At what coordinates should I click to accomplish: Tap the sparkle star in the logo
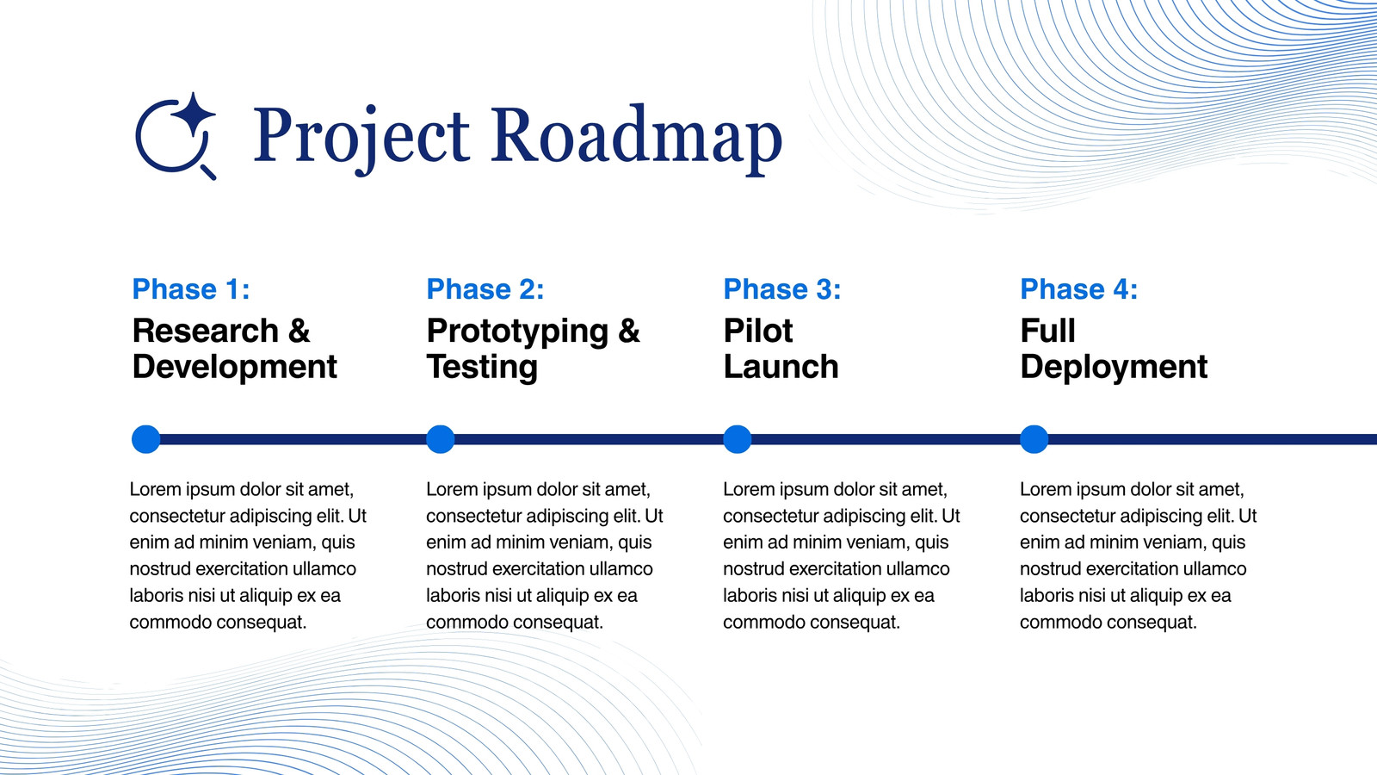tap(193, 115)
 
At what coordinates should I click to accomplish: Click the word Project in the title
tap(361, 136)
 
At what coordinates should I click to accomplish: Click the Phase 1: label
tap(191, 289)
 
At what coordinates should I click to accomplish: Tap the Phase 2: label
tap(485, 289)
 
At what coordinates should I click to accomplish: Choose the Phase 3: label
tap(782, 289)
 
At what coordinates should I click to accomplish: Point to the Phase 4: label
tap(1079, 289)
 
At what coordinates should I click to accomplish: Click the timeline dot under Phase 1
tap(145, 439)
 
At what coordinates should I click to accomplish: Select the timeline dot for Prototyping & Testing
tap(440, 439)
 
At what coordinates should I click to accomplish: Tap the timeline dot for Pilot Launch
tap(737, 439)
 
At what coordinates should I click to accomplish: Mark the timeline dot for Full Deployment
tap(1034, 439)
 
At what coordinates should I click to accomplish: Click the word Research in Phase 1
tap(206, 331)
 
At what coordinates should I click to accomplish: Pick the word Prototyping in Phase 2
tap(517, 332)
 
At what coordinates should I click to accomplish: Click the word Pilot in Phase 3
tap(758, 331)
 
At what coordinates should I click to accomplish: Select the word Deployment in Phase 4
tap(1114, 369)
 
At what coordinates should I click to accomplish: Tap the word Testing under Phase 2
tap(482, 369)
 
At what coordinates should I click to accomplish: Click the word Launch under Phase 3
tap(781, 367)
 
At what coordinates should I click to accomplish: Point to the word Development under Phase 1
tap(234, 369)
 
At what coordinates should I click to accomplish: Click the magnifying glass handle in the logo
tap(208, 172)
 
